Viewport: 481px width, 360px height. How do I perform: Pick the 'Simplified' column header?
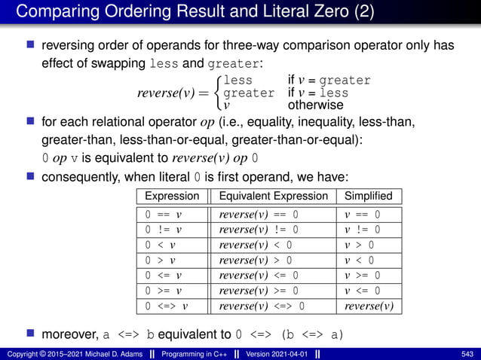367,196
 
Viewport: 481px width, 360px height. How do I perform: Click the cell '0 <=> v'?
167,306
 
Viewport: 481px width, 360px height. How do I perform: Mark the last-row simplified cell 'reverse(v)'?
369,306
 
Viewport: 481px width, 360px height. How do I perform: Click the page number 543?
466,354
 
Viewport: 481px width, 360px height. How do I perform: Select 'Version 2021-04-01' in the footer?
275,354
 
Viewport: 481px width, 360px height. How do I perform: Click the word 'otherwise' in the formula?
315,105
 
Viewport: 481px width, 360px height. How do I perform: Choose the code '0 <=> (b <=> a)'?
290,334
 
